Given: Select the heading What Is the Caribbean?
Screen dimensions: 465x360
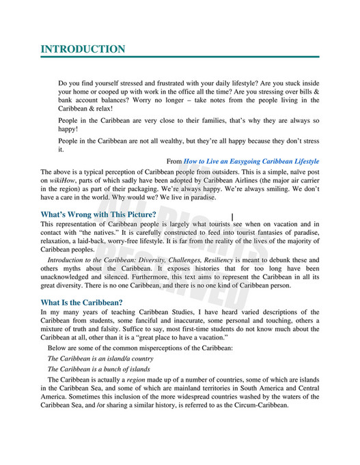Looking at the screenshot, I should coord(81,302).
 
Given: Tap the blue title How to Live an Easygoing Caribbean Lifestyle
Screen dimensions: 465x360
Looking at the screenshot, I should coord(251,161).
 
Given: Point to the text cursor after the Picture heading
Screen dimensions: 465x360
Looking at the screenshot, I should coord(233,216).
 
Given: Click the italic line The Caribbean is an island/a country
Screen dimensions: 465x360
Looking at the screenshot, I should coord(100,358).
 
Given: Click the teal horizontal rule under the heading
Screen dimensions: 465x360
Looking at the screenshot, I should coord(180,57).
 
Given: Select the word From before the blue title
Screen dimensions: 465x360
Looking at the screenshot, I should coord(174,161).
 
